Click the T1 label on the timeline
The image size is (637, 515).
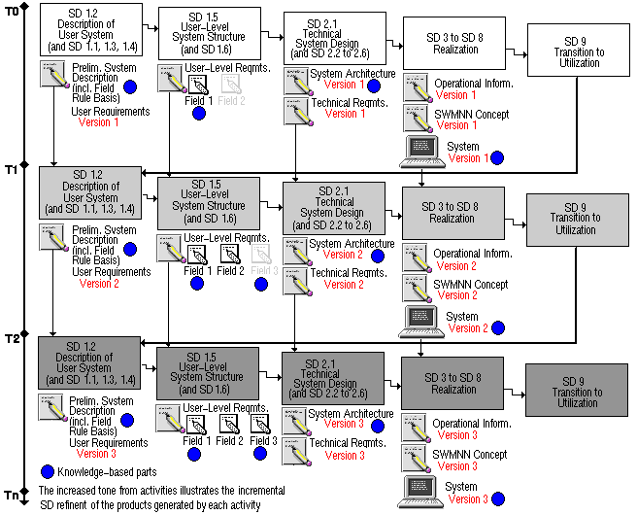tap(10, 170)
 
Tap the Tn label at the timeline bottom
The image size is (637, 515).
tap(10, 496)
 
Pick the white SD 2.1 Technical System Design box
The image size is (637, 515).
tap(330, 39)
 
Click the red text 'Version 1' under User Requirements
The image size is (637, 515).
tap(98, 123)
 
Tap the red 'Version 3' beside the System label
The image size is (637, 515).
tap(467, 499)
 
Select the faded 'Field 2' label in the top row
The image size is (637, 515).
tap(232, 101)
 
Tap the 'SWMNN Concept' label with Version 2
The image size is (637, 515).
tap(470, 284)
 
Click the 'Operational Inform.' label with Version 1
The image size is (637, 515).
tap(474, 84)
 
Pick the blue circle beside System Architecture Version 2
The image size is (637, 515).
tap(378, 256)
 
